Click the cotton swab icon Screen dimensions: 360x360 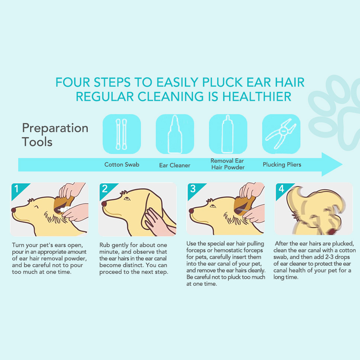pyautogui.click(x=121, y=134)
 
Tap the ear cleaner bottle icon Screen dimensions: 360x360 pyautogui.click(x=175, y=134)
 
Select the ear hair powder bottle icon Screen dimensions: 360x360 pyautogui.click(x=228, y=134)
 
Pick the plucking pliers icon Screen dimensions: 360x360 pyautogui.click(x=281, y=134)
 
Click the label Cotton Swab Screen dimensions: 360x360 pyautogui.click(x=122, y=165)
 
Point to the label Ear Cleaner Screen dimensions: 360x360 pyautogui.click(x=175, y=165)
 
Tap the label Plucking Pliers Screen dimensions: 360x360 pyautogui.click(x=282, y=165)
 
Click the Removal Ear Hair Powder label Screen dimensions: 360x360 pyautogui.click(x=228, y=164)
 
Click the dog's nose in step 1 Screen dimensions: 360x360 pyautogui.click(x=14, y=210)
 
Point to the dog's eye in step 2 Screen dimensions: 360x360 pyautogui.click(x=127, y=199)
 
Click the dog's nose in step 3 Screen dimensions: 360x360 pyautogui.click(x=191, y=211)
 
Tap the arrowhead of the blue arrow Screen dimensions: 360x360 pyautogui.click(x=332, y=165)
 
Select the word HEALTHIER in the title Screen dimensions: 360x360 pyautogui.click(x=257, y=96)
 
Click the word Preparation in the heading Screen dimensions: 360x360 pyautogui.click(x=55, y=128)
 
